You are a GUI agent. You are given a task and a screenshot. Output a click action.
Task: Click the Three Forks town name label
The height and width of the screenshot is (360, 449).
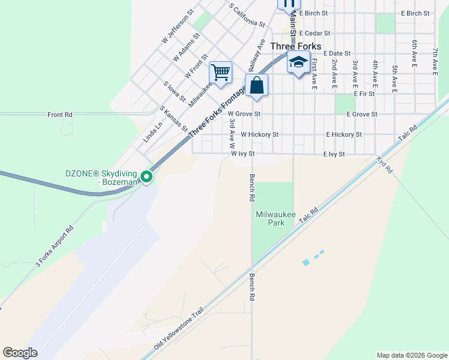[295, 46]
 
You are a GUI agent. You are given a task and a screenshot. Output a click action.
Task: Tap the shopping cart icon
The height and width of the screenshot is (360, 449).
[221, 73]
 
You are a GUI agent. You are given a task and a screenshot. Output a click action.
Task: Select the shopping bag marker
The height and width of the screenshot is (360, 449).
[256, 85]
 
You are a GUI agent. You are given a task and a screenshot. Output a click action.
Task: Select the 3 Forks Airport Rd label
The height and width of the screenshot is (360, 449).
[54, 246]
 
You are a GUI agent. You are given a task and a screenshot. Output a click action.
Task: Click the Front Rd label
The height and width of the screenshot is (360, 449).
[60, 114]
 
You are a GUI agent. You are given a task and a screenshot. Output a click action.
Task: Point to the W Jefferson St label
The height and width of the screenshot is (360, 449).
[178, 26]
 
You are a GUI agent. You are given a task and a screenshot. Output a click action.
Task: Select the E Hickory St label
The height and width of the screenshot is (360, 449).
[344, 135]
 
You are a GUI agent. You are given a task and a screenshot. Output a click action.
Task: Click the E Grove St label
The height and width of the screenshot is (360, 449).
[361, 114]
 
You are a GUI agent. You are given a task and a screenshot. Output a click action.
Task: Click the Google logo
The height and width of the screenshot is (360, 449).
[20, 353]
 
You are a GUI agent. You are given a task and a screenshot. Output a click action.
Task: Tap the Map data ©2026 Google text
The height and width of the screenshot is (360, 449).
[411, 355]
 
